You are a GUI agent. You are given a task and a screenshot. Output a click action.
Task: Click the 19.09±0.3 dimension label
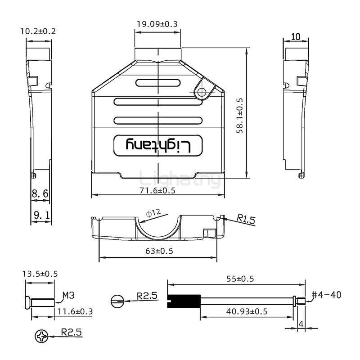click(x=157, y=23)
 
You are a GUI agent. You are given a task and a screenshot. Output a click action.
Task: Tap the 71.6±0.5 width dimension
click(x=157, y=190)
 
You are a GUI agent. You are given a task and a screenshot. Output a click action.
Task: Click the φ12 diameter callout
click(x=153, y=212)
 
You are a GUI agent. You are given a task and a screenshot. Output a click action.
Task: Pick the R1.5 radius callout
click(x=246, y=220)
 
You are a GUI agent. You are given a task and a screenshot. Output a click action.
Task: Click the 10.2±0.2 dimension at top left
click(x=38, y=31)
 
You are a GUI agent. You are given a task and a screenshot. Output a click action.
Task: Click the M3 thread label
click(x=68, y=295)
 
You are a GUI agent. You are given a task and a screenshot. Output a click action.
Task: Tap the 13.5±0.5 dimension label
click(x=40, y=274)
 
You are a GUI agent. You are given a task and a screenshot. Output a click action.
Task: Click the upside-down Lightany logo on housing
click(x=158, y=145)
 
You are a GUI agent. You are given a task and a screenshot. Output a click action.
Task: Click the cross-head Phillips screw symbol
click(x=41, y=336)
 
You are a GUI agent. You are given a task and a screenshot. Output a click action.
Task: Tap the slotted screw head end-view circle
click(x=117, y=300)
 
